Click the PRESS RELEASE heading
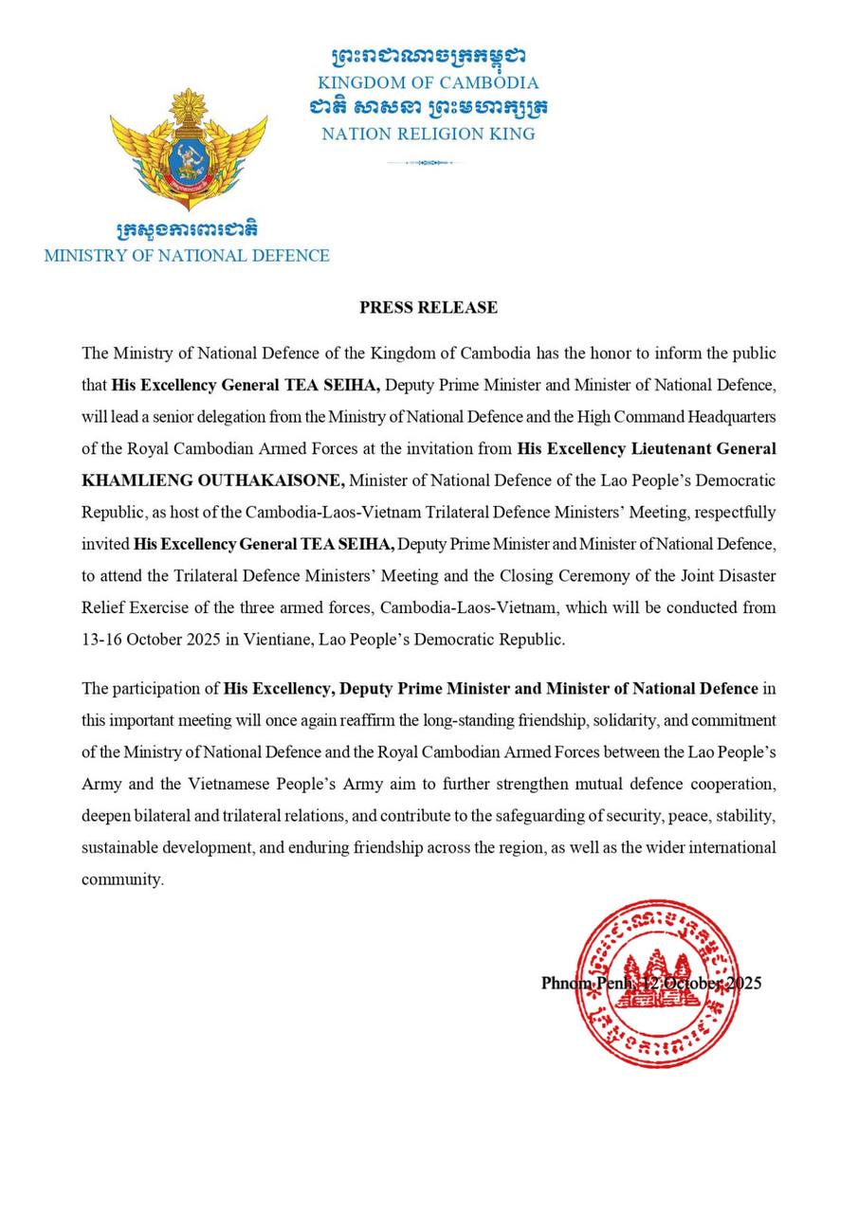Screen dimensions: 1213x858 pyautogui.click(x=428, y=307)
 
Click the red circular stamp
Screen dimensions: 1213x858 pyautogui.click(x=657, y=984)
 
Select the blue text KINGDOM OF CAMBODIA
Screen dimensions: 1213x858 pyautogui.click(x=428, y=83)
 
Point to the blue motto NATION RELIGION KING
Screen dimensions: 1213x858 pyautogui.click(x=428, y=135)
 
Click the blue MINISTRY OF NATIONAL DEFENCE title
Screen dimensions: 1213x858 pyautogui.click(x=187, y=256)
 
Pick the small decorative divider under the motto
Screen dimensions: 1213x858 pyautogui.click(x=425, y=163)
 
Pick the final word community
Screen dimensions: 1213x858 pyautogui.click(x=121, y=879)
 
